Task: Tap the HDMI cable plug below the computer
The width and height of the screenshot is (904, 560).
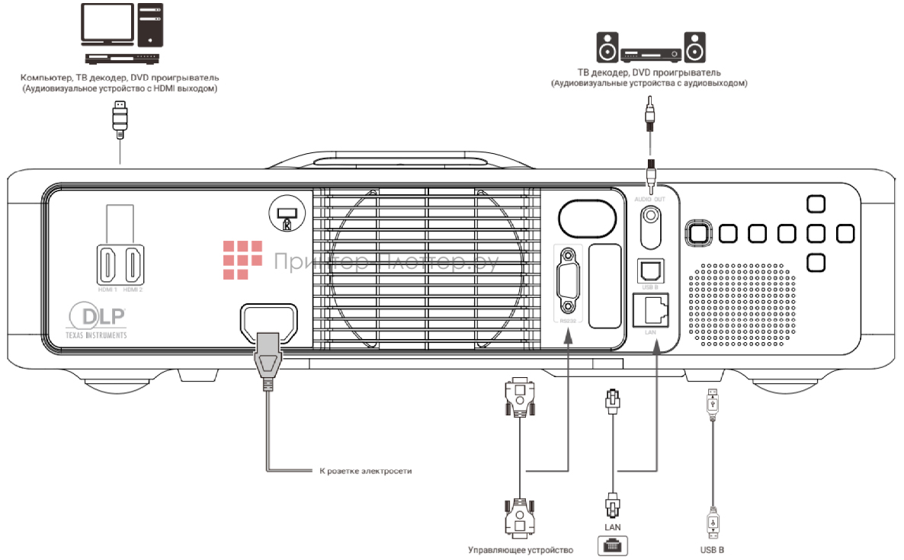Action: click(120, 119)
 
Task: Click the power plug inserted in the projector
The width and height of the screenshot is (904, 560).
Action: click(268, 358)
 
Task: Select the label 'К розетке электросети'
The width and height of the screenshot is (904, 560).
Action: click(364, 471)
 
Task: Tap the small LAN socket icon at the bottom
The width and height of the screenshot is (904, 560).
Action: click(614, 545)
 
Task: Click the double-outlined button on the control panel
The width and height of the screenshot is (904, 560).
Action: click(697, 233)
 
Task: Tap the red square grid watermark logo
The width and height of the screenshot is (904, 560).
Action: click(242, 258)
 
